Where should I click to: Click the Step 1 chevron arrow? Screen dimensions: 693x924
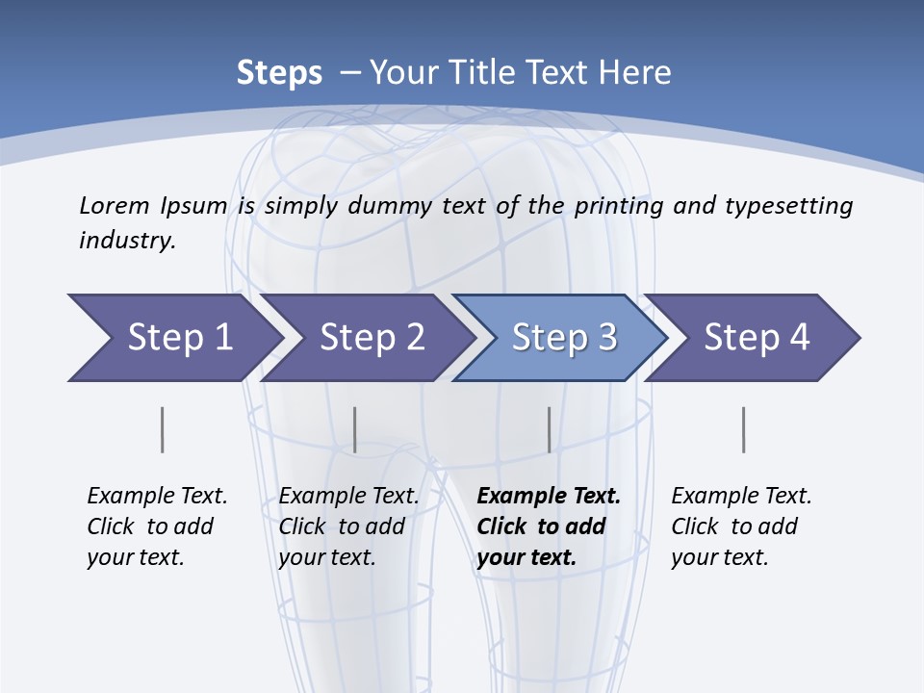(173, 338)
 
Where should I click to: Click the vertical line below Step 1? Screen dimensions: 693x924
(162, 429)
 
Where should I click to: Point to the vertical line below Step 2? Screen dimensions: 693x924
(355, 429)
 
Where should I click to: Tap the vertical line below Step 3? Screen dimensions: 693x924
(550, 429)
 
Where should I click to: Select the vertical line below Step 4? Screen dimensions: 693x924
(744, 429)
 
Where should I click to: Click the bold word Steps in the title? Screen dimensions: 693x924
(279, 73)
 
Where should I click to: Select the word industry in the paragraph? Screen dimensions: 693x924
(126, 241)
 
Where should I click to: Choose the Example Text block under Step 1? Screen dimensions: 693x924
(157, 526)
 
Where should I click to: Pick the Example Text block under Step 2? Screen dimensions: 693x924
(348, 526)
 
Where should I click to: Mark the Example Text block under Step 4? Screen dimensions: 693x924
(741, 526)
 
